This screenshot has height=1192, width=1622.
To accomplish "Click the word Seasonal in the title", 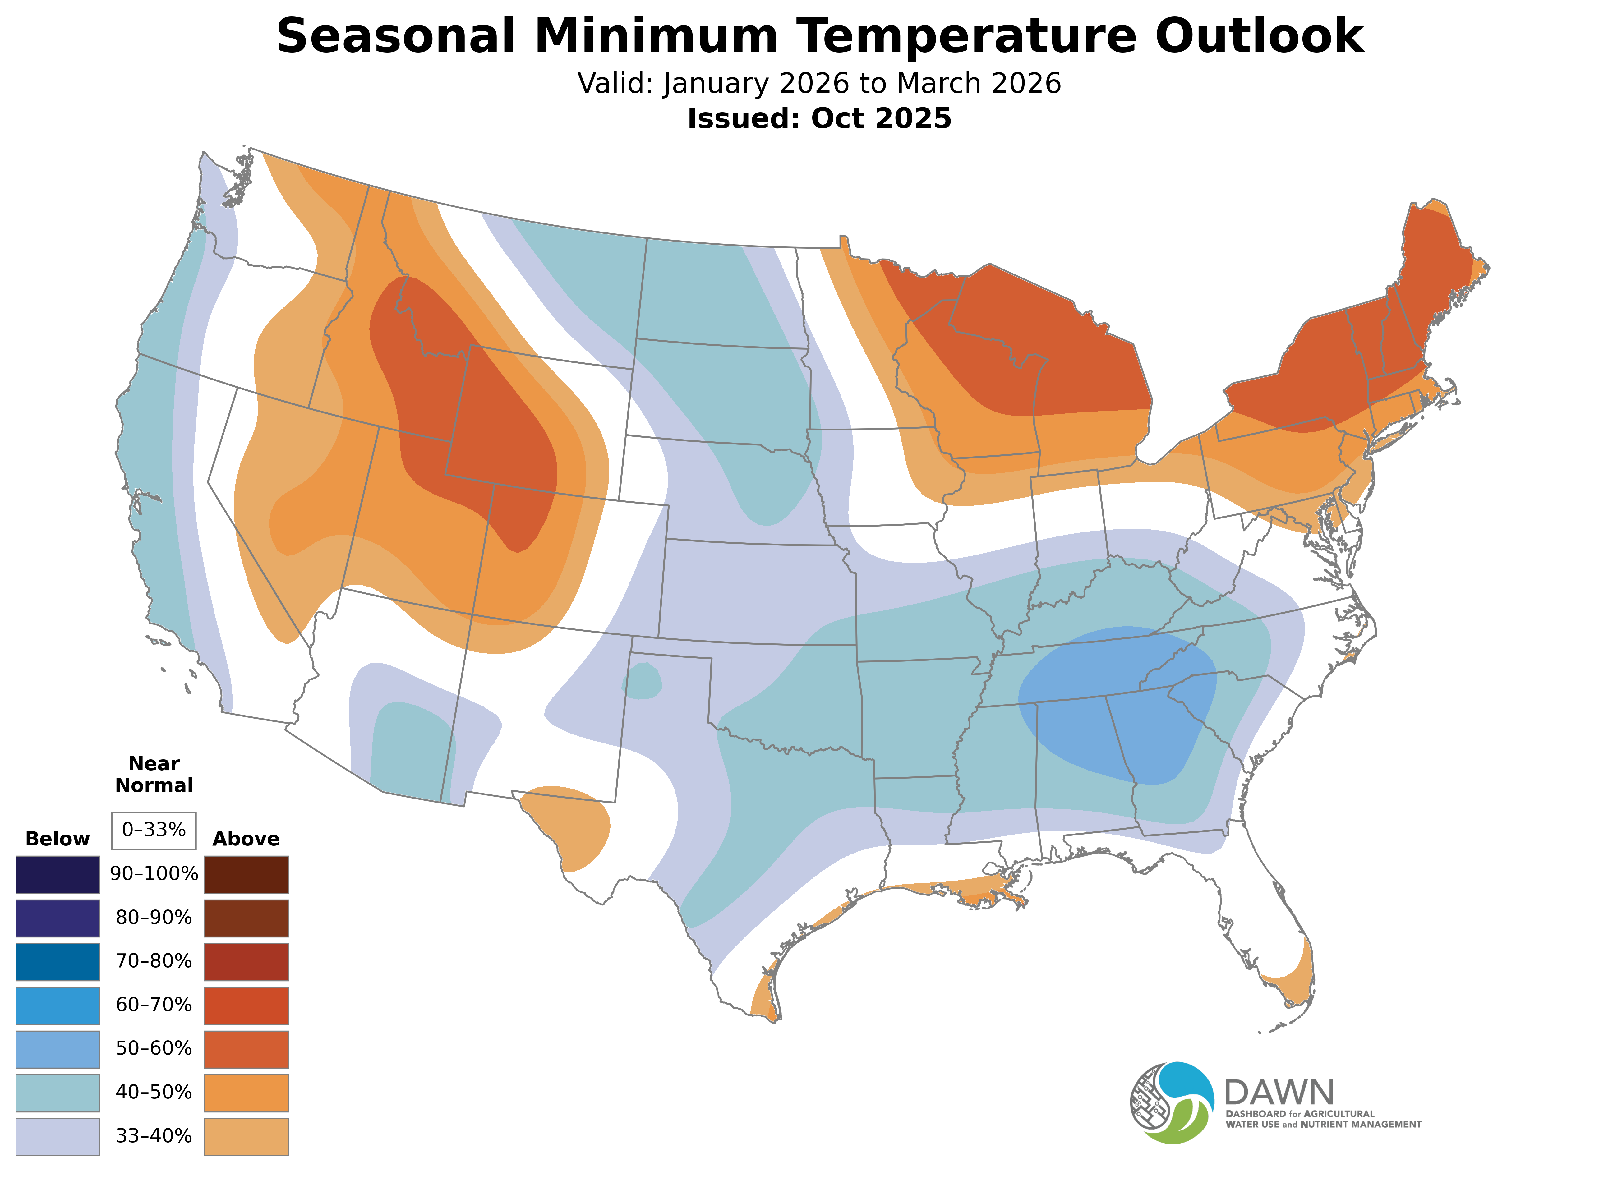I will click(x=395, y=36).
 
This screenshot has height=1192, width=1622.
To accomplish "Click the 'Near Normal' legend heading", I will click(x=154, y=774).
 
